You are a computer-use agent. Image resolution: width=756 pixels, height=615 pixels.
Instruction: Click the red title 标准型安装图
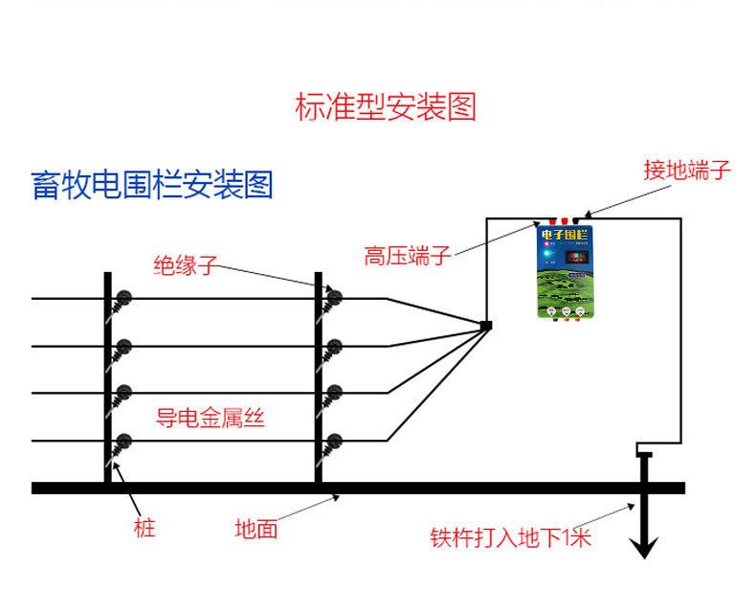[x=385, y=106]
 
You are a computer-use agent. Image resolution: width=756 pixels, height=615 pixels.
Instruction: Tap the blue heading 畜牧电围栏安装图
[x=152, y=184]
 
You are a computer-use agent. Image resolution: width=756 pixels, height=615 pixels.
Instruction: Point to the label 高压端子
[x=407, y=256]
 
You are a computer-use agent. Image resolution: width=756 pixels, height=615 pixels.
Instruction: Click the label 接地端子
[x=687, y=171]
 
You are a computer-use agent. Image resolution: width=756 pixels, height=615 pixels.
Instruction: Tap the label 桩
[x=145, y=527]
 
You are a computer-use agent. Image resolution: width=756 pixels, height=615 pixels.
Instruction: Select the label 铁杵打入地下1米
[x=511, y=537]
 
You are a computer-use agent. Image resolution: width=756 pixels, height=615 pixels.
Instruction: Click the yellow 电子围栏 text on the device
[x=566, y=235]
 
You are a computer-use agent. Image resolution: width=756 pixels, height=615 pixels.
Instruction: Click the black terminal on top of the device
[x=576, y=221]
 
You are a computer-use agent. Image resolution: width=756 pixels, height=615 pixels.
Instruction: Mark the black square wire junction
[x=485, y=327]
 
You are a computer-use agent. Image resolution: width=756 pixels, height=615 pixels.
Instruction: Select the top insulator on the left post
[x=122, y=298]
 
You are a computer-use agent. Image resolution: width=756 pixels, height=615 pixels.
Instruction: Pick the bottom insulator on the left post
[x=122, y=441]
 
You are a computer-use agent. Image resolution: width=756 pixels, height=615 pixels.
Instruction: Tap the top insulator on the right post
[x=333, y=297]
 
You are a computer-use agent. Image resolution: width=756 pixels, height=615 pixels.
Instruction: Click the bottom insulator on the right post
[x=333, y=441]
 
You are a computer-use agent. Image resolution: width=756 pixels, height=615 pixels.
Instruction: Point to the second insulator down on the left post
[x=122, y=346]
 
